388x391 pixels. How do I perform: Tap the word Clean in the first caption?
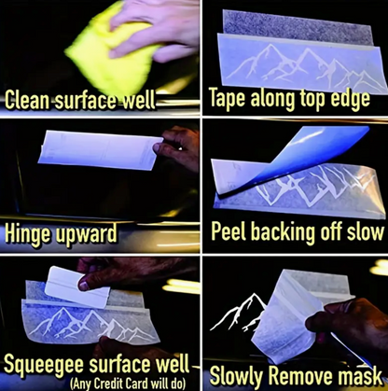27,100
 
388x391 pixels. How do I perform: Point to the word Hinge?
28,234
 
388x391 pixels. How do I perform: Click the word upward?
87,234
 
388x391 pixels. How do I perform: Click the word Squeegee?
45,364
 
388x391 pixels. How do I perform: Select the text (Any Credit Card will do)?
128,383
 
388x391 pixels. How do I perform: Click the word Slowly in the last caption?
237,376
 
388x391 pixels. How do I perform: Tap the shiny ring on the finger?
180,148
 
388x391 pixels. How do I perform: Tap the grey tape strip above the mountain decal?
297,26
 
